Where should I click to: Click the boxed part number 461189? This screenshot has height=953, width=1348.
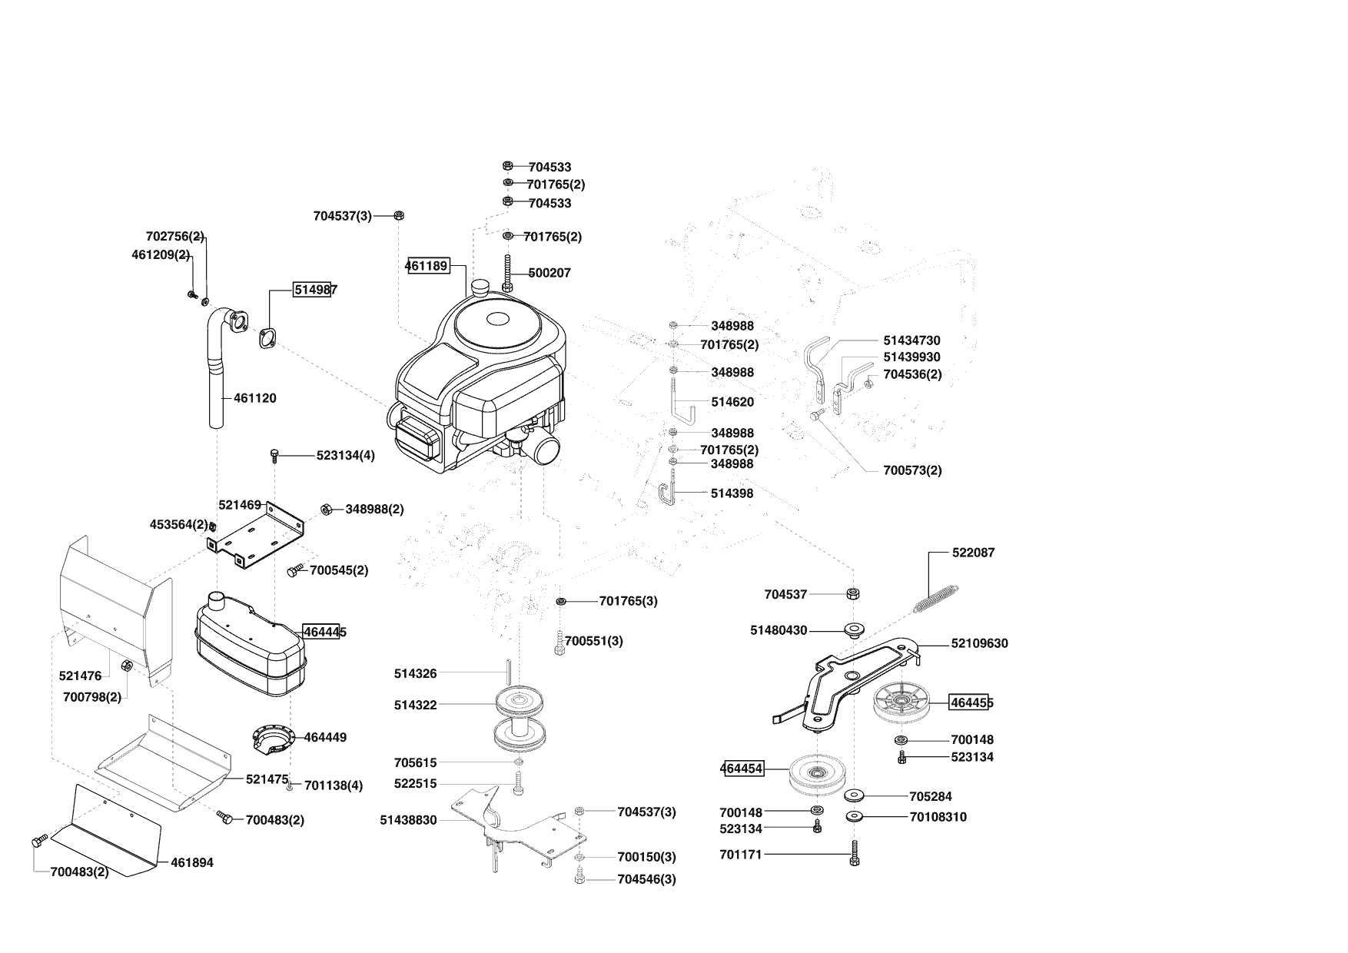click(427, 266)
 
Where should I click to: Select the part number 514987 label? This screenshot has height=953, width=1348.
click(313, 290)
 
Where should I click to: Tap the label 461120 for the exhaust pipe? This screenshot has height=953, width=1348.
click(254, 398)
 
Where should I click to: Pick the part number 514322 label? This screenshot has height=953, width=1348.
click(415, 705)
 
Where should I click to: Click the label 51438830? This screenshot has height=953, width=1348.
click(408, 820)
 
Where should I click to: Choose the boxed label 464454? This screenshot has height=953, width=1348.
click(742, 769)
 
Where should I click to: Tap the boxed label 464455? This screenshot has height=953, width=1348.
click(970, 702)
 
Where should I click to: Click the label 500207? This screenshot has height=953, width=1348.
click(549, 273)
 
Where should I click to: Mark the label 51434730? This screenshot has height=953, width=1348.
click(911, 340)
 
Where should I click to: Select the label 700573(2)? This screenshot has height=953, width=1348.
click(912, 470)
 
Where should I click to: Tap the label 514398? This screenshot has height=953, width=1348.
click(732, 493)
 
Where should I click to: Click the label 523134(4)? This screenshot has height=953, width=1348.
click(345, 456)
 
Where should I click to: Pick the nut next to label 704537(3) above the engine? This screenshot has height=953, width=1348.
click(399, 216)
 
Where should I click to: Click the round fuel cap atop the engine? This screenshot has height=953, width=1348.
click(483, 288)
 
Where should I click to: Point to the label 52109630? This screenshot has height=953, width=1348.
click(979, 643)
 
